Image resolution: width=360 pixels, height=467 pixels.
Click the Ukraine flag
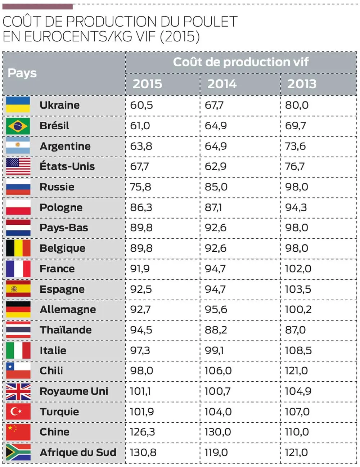(18, 105)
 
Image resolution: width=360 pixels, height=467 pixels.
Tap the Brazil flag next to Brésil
(18, 126)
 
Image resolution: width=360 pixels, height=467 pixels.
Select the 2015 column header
(147, 84)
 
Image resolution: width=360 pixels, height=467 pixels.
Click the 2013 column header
(302, 84)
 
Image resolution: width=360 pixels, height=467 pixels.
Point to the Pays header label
(22, 73)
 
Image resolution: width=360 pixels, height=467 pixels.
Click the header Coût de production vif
(240, 62)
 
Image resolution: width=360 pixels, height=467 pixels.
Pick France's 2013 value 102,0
(298, 269)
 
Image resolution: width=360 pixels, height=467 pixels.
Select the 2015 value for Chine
(142, 432)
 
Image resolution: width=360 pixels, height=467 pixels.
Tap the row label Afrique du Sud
(78, 452)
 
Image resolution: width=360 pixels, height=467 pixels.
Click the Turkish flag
(18, 411)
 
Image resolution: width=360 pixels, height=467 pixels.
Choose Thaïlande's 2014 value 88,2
(216, 330)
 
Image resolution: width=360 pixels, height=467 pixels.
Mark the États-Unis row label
(67, 166)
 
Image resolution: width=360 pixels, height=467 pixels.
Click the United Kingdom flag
(18, 391)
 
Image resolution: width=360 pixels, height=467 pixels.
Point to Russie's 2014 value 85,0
(216, 187)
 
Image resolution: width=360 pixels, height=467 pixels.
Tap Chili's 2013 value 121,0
(296, 371)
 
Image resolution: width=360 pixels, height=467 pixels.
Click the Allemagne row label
(68, 309)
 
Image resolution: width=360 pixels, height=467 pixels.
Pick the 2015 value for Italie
(140, 350)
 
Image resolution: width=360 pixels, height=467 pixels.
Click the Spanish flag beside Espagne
(18, 289)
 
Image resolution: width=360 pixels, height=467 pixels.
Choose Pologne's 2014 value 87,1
(213, 207)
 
